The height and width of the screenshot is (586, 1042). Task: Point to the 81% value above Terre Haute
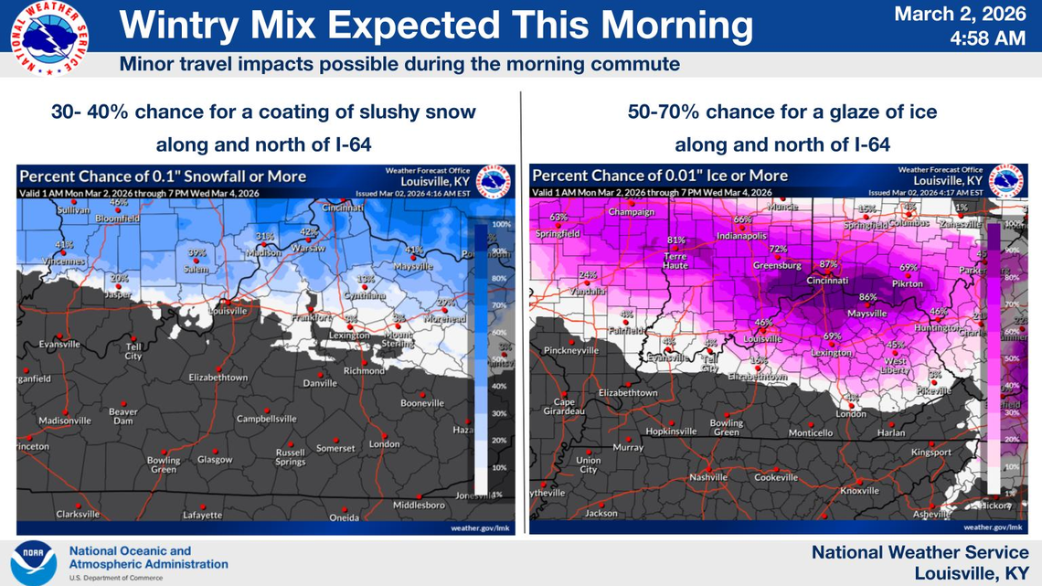pos(676,240)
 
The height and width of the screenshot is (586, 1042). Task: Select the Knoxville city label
pos(859,491)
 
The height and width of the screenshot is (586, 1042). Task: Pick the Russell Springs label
pos(291,457)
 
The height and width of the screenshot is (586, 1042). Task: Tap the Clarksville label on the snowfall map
pos(78,515)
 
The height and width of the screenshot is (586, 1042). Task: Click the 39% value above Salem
pos(197,252)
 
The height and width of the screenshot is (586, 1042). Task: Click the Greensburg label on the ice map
pos(778,265)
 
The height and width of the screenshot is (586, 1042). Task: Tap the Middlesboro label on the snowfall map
pos(419,505)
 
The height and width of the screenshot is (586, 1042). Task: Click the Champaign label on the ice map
pos(633,212)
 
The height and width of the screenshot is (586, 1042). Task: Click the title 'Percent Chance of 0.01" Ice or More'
pos(660,176)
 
